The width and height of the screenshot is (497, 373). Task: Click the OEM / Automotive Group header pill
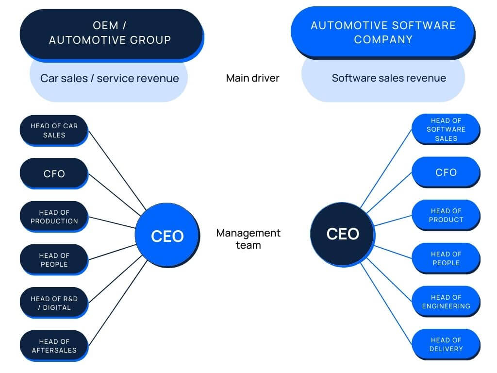[x=110, y=33]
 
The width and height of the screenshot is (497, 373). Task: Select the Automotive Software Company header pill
[x=383, y=32]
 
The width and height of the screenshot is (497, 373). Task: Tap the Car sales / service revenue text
[x=109, y=78]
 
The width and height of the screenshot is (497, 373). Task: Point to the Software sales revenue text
[x=388, y=78]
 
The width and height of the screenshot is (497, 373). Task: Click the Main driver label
[x=252, y=78]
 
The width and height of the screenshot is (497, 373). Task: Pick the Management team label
[x=248, y=238]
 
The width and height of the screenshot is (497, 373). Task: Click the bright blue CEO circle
[x=167, y=236]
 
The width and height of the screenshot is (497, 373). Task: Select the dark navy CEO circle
[x=342, y=234]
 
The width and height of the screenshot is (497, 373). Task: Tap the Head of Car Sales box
[x=54, y=130]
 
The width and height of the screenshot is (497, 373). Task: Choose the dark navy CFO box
[x=54, y=173]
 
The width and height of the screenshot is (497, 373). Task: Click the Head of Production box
[x=54, y=217]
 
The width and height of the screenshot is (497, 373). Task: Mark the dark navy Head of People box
[x=54, y=260]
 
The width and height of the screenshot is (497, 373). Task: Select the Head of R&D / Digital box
[x=54, y=303]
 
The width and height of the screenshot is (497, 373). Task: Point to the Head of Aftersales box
[x=54, y=346]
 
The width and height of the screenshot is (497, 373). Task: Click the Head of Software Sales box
[x=446, y=129]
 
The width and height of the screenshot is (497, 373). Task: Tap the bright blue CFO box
[x=446, y=172]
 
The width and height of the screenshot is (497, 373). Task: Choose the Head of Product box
[x=446, y=215]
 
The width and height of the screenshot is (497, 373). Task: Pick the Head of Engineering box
[x=446, y=302]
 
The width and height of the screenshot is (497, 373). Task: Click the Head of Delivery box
[x=446, y=344]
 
